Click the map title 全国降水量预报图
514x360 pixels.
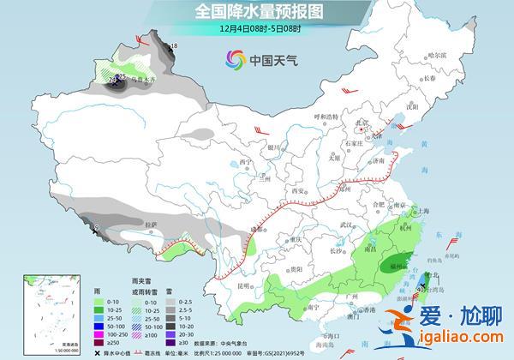point(256,11)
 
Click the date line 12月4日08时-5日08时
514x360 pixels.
point(257,28)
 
